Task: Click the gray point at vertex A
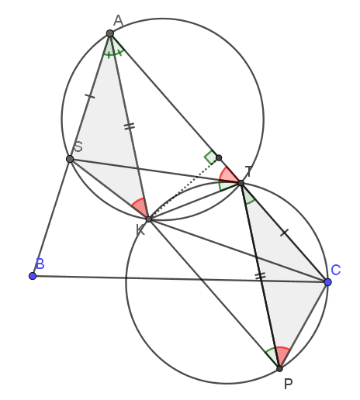pos(110,33)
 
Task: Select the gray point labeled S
pos(70,159)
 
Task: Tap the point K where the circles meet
pos(149,219)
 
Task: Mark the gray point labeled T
pos(241,183)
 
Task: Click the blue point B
pos(33,276)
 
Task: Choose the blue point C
pos(327,282)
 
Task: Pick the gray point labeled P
pos(279,369)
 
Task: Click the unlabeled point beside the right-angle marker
pos(219,157)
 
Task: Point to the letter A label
pos(118,21)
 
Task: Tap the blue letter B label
pos(40,264)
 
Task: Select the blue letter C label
pos(336,270)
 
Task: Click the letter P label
pos(289,384)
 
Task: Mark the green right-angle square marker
pos(210,157)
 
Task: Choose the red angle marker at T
pos(227,175)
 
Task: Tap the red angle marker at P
pos(282,355)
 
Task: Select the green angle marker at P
pos(272,356)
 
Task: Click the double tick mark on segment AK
pos(130,126)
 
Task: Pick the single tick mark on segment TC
pos(285,233)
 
